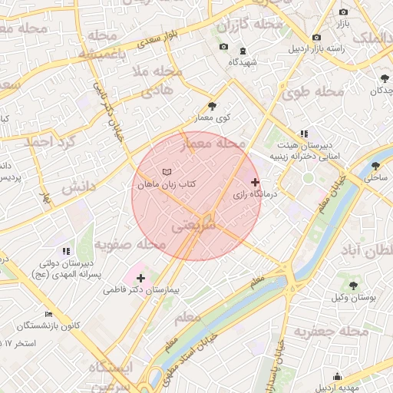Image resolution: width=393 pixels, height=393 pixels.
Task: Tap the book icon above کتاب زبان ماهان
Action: (x=167, y=171)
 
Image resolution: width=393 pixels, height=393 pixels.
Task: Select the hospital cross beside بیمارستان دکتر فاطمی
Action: (x=140, y=278)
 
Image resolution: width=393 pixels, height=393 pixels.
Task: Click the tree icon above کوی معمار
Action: (x=213, y=106)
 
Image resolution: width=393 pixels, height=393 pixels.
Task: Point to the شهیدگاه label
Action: (x=243, y=61)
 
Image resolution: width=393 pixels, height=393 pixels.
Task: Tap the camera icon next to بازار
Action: (x=343, y=12)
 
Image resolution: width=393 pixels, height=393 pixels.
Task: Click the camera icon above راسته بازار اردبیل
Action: (x=316, y=38)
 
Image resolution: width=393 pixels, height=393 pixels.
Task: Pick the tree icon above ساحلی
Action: (x=375, y=166)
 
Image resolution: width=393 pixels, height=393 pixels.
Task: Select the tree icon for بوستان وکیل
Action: (x=352, y=286)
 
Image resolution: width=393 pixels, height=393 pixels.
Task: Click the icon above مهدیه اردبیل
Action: (x=337, y=375)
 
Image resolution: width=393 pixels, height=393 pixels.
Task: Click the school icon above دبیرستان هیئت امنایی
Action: (x=304, y=134)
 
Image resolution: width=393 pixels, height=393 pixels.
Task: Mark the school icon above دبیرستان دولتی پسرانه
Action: (x=65, y=251)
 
